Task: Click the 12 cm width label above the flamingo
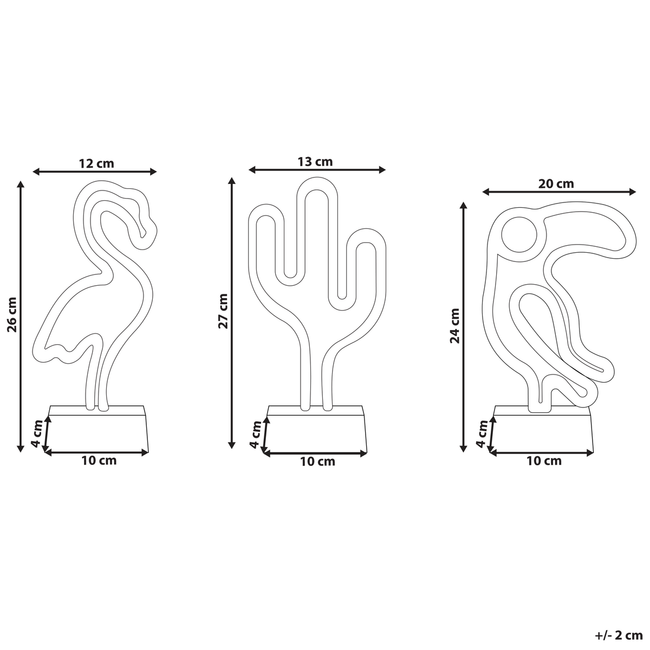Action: coord(96,163)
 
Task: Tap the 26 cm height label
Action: coord(12,314)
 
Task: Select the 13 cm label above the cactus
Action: coord(315,162)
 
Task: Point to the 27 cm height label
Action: coord(223,311)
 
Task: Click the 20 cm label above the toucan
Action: coord(556,184)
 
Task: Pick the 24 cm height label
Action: coord(455,326)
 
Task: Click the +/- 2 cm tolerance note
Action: coord(619,635)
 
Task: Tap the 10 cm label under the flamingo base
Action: coord(99,461)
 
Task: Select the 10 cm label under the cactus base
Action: coord(318,462)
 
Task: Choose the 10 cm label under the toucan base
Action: coord(544,461)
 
